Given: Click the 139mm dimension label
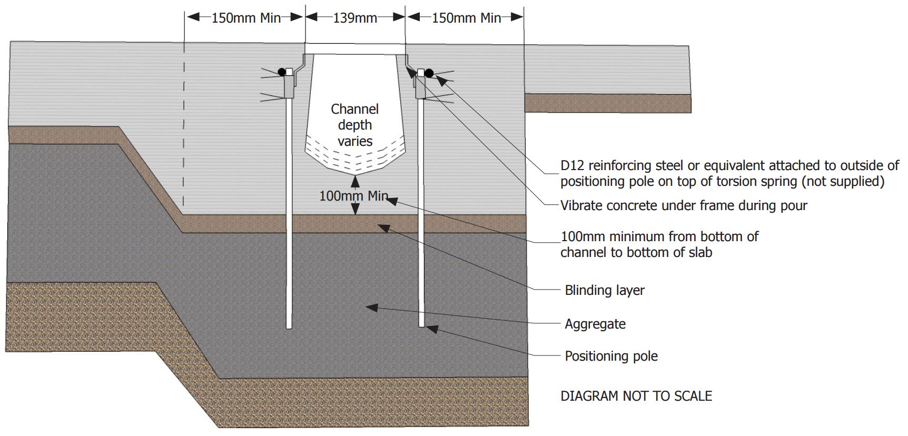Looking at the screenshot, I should click(x=355, y=18).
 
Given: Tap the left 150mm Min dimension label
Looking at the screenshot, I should click(x=246, y=18).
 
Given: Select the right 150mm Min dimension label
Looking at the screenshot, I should click(x=466, y=18).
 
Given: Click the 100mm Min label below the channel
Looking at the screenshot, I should click(x=353, y=196).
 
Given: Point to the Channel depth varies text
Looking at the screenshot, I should click(x=355, y=125).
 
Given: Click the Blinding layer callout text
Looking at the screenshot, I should click(x=604, y=290).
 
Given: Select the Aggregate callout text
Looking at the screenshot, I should click(x=595, y=324).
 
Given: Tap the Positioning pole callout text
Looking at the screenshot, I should click(x=611, y=356).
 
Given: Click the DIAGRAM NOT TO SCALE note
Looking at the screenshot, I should click(x=636, y=396).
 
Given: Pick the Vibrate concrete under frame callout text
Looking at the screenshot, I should click(x=683, y=205).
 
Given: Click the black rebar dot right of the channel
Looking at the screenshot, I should click(x=429, y=73).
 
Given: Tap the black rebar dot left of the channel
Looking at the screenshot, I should click(x=282, y=72).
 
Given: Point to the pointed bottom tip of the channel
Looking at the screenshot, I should click(x=356, y=175).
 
